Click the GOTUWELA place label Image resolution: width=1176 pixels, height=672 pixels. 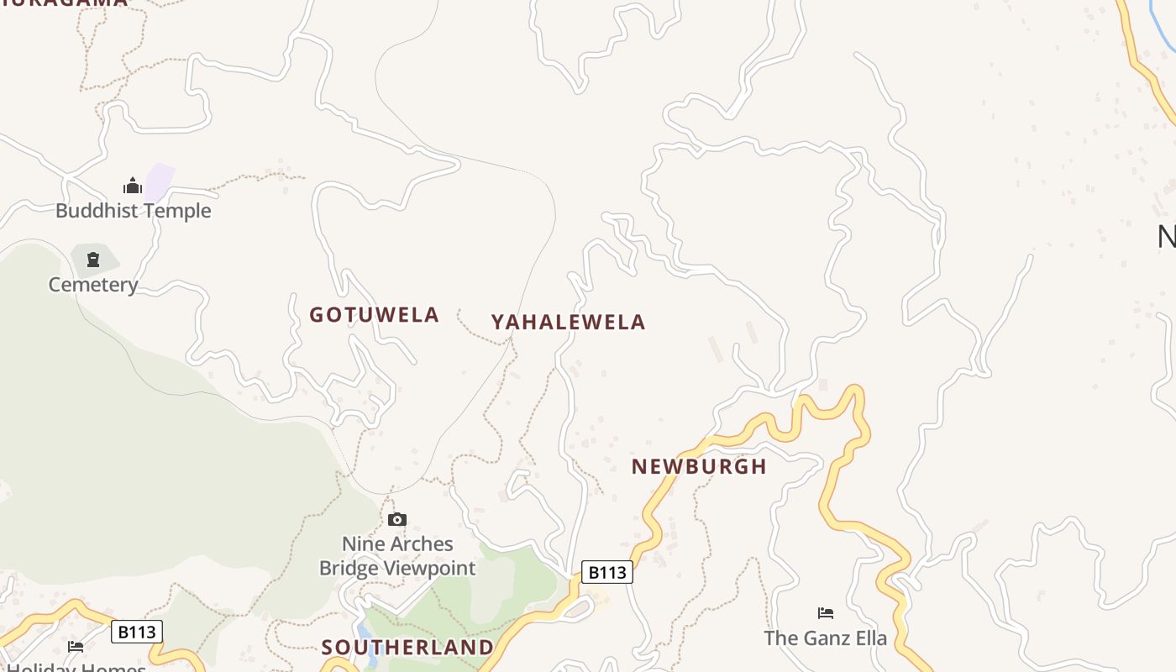coord(374,315)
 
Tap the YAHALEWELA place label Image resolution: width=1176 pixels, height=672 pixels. coord(568,322)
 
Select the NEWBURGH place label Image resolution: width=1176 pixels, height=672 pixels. coord(699,466)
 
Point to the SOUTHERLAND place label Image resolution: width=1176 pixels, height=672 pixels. coord(407,647)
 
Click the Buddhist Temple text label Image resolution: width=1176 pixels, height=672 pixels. coord(133,210)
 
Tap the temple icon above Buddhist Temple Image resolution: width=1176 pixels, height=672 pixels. coord(133,186)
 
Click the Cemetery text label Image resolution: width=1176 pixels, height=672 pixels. coord(92,285)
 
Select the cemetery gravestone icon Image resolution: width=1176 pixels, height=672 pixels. coord(93,260)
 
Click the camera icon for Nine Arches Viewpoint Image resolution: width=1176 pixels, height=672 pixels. coord(397,520)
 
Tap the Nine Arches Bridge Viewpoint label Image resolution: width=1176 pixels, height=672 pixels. coord(397,556)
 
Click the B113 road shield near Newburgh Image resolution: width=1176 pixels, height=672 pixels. coord(606,572)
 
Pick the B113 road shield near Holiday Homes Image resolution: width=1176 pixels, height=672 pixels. coord(137,632)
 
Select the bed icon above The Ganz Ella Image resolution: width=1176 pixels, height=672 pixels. coord(826,613)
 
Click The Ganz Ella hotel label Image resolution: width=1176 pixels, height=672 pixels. coord(825,638)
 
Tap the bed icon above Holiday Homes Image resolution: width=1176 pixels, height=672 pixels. coord(76,647)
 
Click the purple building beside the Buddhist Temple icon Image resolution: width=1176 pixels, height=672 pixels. coord(160,181)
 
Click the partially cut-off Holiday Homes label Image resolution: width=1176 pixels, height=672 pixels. coord(76,667)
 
